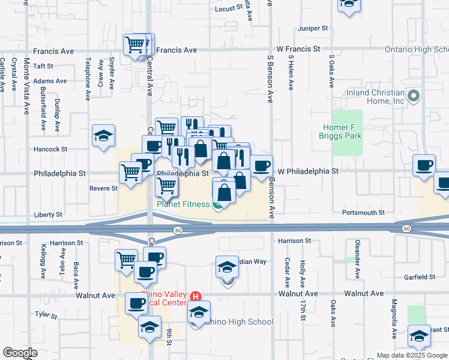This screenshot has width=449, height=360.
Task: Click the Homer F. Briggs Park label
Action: [342, 131]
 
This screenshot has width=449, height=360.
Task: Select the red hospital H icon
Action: [195, 296]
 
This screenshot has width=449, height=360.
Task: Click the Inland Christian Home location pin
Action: [413, 96]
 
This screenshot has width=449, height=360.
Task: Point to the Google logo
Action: [20, 353]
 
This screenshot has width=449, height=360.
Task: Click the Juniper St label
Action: [313, 28]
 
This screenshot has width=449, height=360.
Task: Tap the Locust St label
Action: [228, 8]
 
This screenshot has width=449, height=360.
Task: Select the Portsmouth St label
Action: [363, 212]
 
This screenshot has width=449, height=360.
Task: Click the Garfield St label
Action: [420, 277]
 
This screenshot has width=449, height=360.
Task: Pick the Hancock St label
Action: [50, 149]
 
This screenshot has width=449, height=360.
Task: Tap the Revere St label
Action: [104, 188]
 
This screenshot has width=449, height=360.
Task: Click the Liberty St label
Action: [49, 214]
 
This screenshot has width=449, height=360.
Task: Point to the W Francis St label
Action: [298, 49]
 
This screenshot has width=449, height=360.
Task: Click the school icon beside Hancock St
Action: [104, 136]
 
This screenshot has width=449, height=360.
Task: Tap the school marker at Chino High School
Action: [199, 313]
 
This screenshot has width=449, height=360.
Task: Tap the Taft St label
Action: [44, 66]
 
